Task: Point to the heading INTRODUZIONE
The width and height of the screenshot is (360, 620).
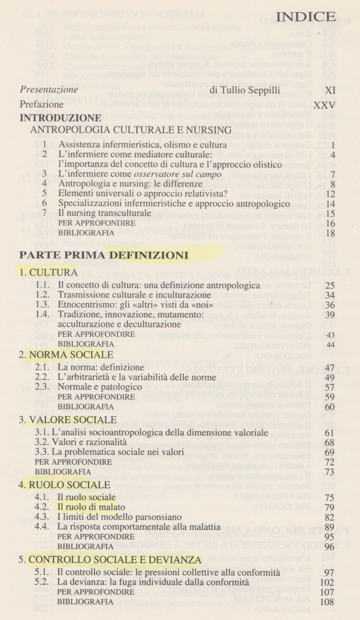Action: point(61,118)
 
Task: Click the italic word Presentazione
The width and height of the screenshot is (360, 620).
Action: point(49,89)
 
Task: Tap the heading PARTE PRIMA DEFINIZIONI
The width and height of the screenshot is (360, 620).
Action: point(104,255)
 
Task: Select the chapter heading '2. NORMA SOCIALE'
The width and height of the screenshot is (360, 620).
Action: point(66,354)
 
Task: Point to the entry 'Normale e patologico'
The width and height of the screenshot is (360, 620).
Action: point(100,386)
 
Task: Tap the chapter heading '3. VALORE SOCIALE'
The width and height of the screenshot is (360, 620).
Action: point(68,420)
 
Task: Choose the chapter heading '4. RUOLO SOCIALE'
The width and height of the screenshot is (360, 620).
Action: point(65,485)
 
